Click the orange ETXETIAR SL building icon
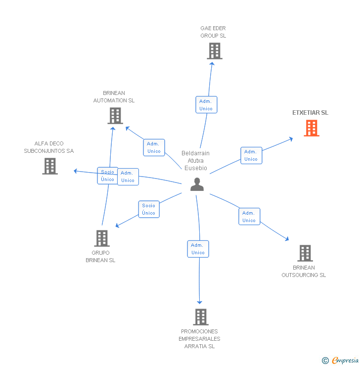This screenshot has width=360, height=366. (312, 128)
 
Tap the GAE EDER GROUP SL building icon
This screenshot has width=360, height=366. (215, 51)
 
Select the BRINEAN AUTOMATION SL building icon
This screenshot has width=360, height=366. (115, 116)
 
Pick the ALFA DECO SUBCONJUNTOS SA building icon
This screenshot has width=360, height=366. (50, 166)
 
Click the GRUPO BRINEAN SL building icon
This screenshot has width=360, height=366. (102, 238)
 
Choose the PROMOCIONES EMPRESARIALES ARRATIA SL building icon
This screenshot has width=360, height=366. (201, 317)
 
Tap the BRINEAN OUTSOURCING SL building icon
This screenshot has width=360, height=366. (305, 253)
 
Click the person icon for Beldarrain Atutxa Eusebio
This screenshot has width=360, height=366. (197, 184)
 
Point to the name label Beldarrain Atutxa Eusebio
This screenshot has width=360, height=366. (195, 161)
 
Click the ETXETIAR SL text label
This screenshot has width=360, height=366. (311, 112)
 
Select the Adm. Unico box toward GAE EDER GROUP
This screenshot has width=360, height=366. (206, 104)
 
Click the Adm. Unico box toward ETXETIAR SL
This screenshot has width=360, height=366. (251, 155)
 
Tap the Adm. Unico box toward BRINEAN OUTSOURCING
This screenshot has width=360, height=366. (249, 216)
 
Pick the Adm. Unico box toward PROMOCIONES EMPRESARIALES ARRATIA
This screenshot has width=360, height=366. (198, 249)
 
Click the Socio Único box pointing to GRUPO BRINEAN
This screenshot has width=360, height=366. (149, 209)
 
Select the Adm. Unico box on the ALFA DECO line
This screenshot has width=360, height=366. (128, 177)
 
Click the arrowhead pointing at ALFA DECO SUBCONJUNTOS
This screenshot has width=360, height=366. (75, 171)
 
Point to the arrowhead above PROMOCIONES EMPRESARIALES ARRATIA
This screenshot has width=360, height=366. (199, 302)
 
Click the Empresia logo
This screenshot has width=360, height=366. (345, 360)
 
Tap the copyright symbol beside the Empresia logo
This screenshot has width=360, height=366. (325, 361)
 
